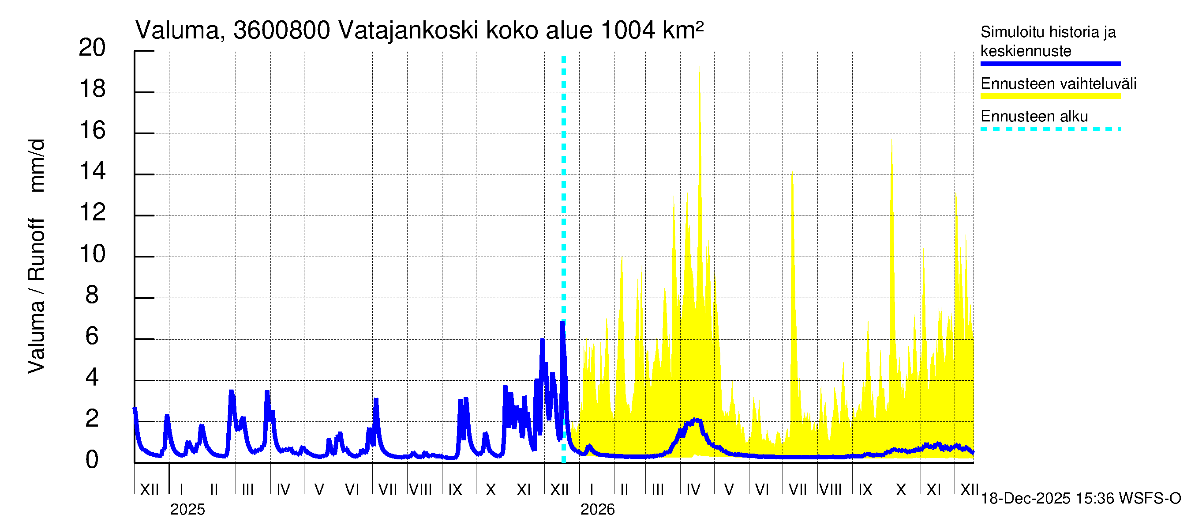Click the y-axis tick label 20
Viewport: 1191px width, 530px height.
pos(92,48)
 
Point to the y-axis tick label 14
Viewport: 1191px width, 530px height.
pos(92,172)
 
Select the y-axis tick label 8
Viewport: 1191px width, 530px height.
pos(92,295)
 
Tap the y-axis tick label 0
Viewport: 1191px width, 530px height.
pos(92,460)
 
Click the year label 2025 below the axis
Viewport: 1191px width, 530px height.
pos(187,510)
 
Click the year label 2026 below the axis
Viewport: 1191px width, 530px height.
pos(597,510)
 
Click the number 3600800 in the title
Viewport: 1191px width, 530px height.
pos(281,30)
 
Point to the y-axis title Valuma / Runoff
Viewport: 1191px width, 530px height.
pos(37,296)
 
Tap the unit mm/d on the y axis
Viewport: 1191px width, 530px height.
pos(37,165)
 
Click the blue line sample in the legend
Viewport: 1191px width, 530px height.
pos(1050,64)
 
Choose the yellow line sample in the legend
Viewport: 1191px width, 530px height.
pos(1050,96)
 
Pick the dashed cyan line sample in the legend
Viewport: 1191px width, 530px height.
pos(1050,129)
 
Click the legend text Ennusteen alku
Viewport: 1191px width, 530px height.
pos(1034,116)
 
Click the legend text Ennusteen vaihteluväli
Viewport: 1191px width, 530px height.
pos(1058,84)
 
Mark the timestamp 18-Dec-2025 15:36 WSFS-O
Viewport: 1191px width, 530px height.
pos(1080,499)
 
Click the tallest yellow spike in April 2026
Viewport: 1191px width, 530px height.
pos(700,68)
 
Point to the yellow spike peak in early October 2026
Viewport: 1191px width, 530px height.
pos(891,140)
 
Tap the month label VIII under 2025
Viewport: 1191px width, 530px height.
pos(421,490)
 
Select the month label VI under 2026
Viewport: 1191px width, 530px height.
pos(761,490)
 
